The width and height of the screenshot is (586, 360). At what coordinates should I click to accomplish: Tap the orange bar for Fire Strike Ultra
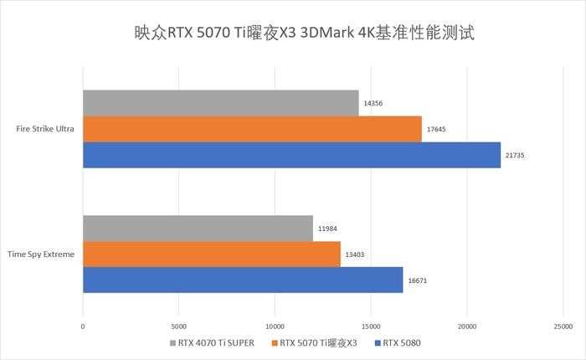[x=252, y=129]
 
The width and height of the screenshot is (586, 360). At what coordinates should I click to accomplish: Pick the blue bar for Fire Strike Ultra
[x=291, y=155]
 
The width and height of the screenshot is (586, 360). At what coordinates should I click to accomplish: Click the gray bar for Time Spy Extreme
[x=198, y=228]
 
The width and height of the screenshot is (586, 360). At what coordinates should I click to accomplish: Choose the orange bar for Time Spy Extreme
[x=212, y=254]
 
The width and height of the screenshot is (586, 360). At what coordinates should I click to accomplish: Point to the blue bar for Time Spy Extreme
[x=243, y=280]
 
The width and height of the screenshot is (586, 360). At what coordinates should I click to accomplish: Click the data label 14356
[x=373, y=104]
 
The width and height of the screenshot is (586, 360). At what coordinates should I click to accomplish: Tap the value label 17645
[x=436, y=130]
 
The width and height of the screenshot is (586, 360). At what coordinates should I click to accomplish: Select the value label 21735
[x=515, y=156]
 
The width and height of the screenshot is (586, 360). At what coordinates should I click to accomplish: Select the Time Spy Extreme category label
[x=42, y=254]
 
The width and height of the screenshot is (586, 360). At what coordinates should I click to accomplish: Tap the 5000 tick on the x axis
[x=178, y=325]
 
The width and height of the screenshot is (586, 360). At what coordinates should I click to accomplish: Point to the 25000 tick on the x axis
[x=563, y=325]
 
